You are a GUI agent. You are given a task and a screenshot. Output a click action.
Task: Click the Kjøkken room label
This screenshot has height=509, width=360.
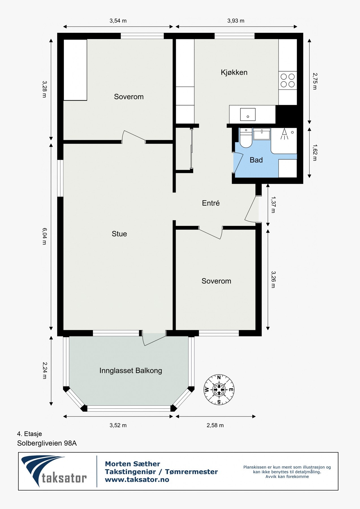coord(234,72)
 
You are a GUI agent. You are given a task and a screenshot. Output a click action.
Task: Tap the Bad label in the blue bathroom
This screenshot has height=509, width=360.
coord(256,160)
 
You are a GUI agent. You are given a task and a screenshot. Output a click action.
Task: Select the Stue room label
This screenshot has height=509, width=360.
coord(119,234)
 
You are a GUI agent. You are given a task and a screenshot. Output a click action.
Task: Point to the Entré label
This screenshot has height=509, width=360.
coord(211,203)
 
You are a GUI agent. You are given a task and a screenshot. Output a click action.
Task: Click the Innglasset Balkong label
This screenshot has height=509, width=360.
coord(131,371)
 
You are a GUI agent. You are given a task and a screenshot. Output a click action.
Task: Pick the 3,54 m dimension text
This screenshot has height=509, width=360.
coord(118,21)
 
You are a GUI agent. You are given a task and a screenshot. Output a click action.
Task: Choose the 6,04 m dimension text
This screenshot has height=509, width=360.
coord(44,236)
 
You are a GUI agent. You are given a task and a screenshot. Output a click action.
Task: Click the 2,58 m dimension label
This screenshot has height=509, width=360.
coord(215,425)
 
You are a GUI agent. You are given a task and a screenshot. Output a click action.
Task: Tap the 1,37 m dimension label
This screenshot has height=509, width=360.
coord(273,205)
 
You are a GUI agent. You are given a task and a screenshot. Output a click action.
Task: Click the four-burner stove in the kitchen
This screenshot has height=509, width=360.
coord(288,80)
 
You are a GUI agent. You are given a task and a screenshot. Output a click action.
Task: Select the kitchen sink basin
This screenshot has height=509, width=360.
coord(248,114)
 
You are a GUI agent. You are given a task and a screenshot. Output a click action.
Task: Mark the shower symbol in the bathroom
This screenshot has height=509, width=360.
coord(284,135)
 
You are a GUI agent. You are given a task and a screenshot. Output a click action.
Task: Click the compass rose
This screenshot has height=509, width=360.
coord(219,390)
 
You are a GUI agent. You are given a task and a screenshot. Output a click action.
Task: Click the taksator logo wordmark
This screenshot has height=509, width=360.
coord(64,478)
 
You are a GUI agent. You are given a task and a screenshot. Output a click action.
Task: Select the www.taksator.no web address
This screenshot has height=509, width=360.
coord(137,480)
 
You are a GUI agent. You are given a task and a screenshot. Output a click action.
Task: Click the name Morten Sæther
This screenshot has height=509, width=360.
coord(132,464)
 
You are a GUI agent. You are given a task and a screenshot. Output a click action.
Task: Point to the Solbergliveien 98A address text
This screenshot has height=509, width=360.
coord(47,443)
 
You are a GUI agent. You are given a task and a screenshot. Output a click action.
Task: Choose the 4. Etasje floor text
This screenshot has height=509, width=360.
coord(29,434)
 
